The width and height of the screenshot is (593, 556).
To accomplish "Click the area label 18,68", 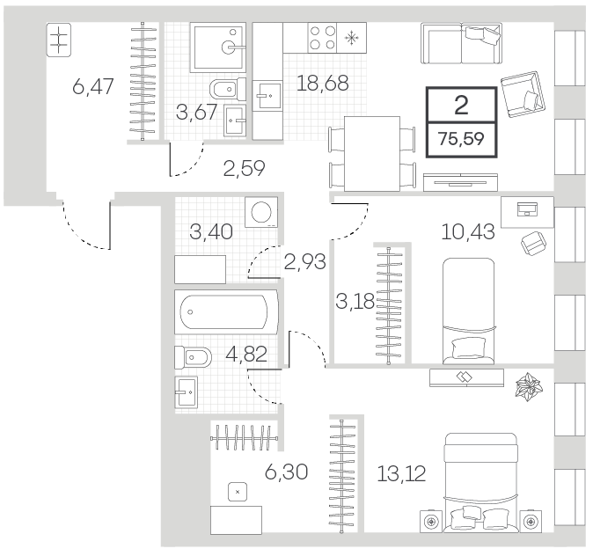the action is point(322,84).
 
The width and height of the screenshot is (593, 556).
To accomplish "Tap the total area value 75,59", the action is point(461,139).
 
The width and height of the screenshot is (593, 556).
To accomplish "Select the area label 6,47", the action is point(93,86).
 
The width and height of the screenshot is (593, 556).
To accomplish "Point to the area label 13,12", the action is point(401,473).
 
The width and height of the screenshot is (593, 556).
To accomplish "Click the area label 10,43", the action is point(468,231).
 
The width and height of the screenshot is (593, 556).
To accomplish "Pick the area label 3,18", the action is point(355,302).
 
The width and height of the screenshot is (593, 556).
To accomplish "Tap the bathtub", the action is point(226,312).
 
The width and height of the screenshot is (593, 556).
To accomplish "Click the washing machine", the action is point(261,212).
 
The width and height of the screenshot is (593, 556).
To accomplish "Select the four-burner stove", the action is point(323,38).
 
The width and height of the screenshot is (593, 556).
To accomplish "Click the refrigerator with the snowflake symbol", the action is point(352,38).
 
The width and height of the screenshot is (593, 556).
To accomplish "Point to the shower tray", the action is point(218,48).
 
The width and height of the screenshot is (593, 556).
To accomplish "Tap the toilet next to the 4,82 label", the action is point(193,357).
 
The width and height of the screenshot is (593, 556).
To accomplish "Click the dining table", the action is point(372,154).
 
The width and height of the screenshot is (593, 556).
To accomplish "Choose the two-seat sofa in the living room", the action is point(461,43).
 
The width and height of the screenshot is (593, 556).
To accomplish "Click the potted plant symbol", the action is point(529,386).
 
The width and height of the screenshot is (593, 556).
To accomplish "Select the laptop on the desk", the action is point(528,208).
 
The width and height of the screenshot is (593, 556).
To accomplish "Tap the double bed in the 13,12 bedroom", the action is point(481,483).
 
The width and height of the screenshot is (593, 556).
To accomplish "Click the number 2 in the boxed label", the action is point(461,106).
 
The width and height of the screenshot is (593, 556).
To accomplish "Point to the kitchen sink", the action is point(267,95).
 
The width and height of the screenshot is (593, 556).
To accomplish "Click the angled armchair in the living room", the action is point(523,94).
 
